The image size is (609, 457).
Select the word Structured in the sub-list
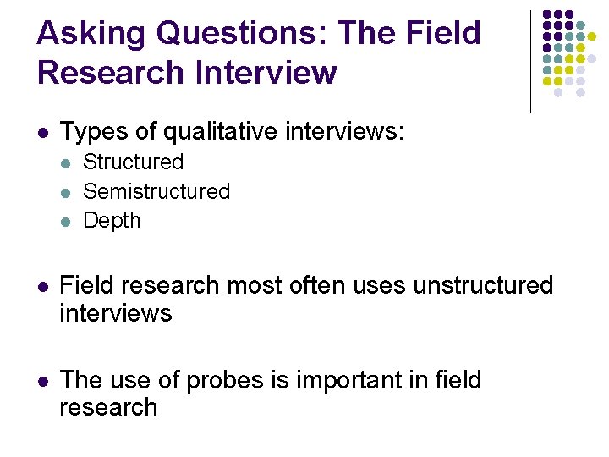pyautogui.click(x=133, y=162)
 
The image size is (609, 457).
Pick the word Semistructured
pyautogui.click(x=156, y=191)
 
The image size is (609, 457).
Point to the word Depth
pyautogui.click(x=112, y=221)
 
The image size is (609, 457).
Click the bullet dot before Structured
pyautogui.click(x=67, y=162)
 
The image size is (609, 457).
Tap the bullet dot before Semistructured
pyautogui.click(x=67, y=192)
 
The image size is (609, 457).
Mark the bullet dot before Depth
pyautogui.click(x=67, y=222)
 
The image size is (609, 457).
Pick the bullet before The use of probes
pyautogui.click(x=42, y=382)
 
